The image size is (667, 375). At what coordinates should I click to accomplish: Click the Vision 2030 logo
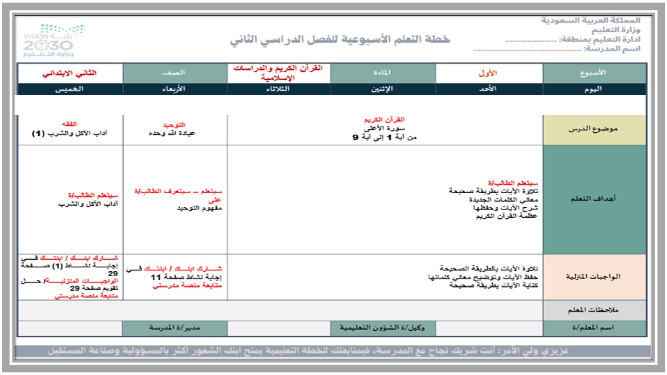pyautogui.click(x=54, y=40)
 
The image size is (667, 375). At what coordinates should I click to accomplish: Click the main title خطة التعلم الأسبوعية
pyautogui.click(x=340, y=40)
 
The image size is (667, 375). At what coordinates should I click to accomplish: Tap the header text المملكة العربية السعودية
pyautogui.click(x=590, y=21)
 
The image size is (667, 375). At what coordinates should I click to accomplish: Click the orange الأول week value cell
pyautogui.click(x=488, y=73)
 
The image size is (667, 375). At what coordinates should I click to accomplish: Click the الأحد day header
pyautogui.click(x=488, y=89)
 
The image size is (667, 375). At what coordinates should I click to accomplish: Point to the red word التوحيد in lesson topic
pyautogui.click(x=174, y=126)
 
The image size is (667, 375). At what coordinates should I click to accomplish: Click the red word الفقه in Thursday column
pyautogui.click(x=70, y=124)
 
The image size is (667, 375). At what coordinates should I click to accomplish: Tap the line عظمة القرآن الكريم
pyautogui.click(x=506, y=216)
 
